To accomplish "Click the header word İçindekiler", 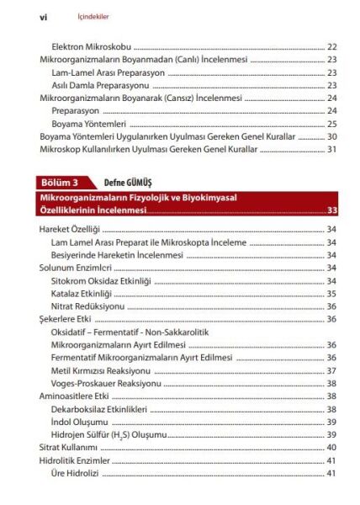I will coord(87,15).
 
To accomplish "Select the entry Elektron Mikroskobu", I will coord(91,47).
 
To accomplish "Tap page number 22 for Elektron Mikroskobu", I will coord(331,47).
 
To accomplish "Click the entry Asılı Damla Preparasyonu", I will coord(103,85).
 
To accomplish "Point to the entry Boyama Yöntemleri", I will coord(87,124).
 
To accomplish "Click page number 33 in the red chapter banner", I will coord(331,210).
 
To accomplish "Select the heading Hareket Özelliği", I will coord(71,229).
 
